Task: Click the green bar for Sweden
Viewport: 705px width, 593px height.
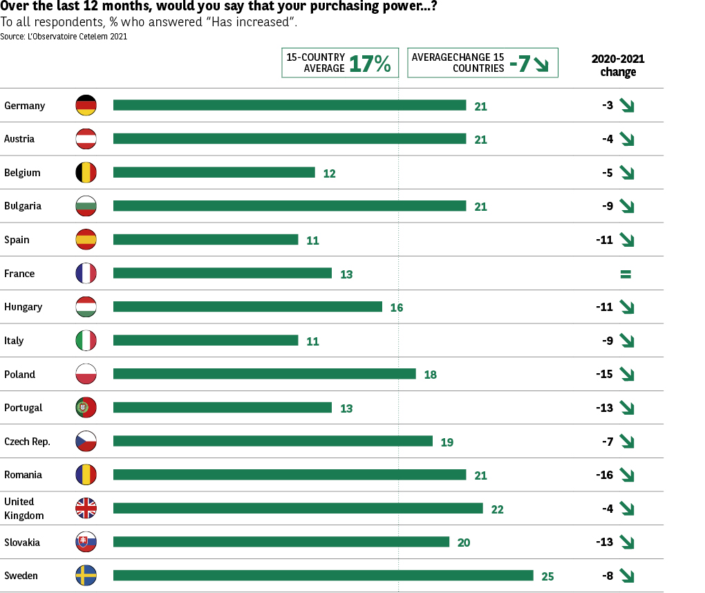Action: (323, 575)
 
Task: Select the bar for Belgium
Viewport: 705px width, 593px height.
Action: (214, 172)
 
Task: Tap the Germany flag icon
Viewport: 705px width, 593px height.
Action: (86, 105)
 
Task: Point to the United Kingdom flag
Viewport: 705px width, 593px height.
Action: (86, 508)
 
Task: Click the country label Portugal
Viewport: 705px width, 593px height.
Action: (23, 408)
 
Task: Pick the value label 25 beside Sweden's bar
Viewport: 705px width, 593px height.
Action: (547, 576)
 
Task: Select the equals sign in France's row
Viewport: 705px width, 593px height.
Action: (626, 274)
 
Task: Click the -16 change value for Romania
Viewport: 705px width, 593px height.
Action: (604, 475)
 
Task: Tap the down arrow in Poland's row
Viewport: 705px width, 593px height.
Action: (627, 374)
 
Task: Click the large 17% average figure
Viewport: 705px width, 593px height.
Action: (370, 64)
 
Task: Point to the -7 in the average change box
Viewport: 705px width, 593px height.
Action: (520, 64)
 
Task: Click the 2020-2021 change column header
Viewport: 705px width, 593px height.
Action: (618, 65)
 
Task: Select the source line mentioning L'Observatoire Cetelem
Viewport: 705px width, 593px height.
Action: (64, 37)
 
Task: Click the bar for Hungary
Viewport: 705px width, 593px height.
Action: (247, 306)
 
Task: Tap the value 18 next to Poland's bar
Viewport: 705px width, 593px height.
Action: (430, 375)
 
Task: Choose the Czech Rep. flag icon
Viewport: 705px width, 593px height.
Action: (86, 441)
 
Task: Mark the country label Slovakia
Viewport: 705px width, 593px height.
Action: (22, 542)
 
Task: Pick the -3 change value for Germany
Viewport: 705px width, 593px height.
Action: (607, 105)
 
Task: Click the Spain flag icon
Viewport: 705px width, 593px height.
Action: (86, 239)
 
